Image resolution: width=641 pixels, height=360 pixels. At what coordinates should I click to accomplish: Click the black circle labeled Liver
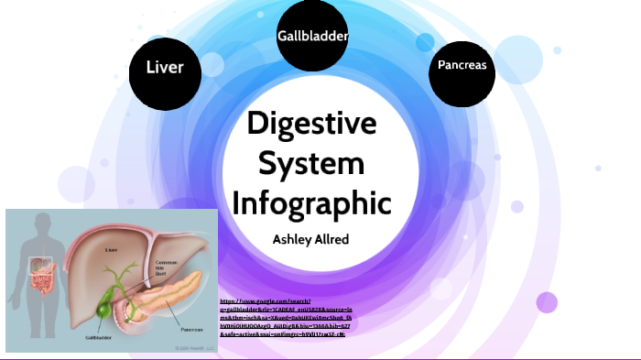[165, 67]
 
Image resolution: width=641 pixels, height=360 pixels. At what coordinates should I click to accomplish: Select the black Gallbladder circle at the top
[313, 36]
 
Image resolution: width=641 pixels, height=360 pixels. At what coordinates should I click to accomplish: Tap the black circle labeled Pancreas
[462, 66]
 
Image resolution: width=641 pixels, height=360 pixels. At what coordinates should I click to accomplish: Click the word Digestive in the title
[313, 125]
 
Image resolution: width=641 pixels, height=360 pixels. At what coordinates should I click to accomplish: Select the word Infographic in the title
[311, 203]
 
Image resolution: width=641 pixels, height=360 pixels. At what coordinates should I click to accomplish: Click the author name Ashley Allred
[312, 238]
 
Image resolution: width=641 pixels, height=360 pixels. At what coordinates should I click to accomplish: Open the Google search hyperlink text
[284, 317]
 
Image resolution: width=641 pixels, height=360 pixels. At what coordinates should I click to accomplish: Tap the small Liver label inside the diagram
[111, 247]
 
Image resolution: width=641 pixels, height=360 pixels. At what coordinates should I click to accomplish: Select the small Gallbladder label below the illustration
[99, 337]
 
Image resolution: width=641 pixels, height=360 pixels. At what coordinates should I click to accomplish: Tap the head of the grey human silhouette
[40, 224]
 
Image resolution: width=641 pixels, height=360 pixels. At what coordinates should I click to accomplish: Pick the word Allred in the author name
[331, 238]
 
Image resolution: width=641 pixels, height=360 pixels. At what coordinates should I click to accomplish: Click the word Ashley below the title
[290, 238]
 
